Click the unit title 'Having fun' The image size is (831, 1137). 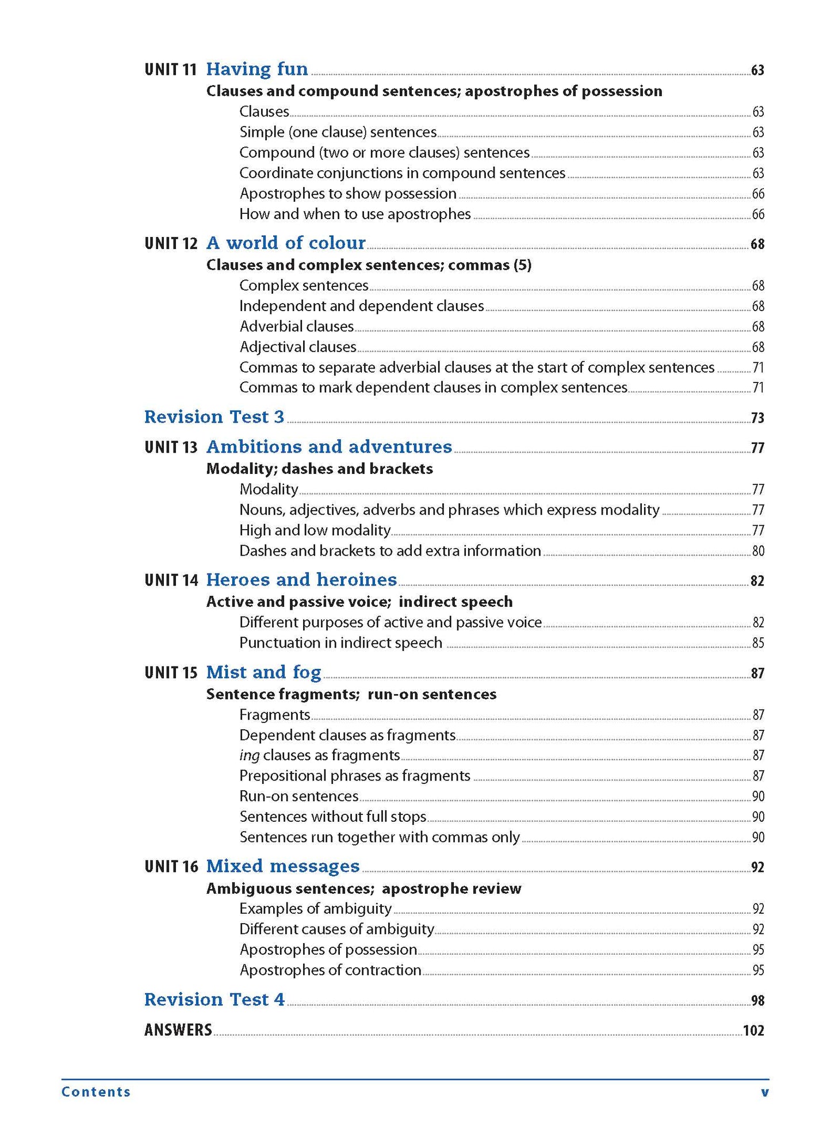click(x=256, y=69)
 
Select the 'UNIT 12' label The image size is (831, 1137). click(x=171, y=243)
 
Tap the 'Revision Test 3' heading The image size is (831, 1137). click(x=214, y=417)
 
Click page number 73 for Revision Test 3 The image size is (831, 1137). click(x=757, y=418)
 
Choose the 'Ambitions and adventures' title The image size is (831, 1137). click(x=329, y=447)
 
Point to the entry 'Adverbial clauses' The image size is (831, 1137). click(x=296, y=327)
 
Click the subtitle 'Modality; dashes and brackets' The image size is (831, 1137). click(x=319, y=469)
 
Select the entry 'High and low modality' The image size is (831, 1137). click(x=315, y=530)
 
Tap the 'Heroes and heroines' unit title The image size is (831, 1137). click(x=301, y=580)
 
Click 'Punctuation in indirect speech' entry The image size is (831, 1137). click(x=340, y=643)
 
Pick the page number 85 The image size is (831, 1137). click(x=758, y=644)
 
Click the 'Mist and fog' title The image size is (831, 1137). click(x=263, y=672)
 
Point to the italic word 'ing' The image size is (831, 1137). click(x=249, y=756)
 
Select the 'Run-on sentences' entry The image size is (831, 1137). click(x=298, y=797)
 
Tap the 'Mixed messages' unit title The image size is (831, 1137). click(x=282, y=866)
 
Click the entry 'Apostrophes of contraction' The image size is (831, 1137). click(x=330, y=970)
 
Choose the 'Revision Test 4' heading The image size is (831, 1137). click(x=214, y=1000)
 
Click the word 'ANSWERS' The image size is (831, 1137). click(x=178, y=1030)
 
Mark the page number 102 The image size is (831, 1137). click(x=753, y=1031)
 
